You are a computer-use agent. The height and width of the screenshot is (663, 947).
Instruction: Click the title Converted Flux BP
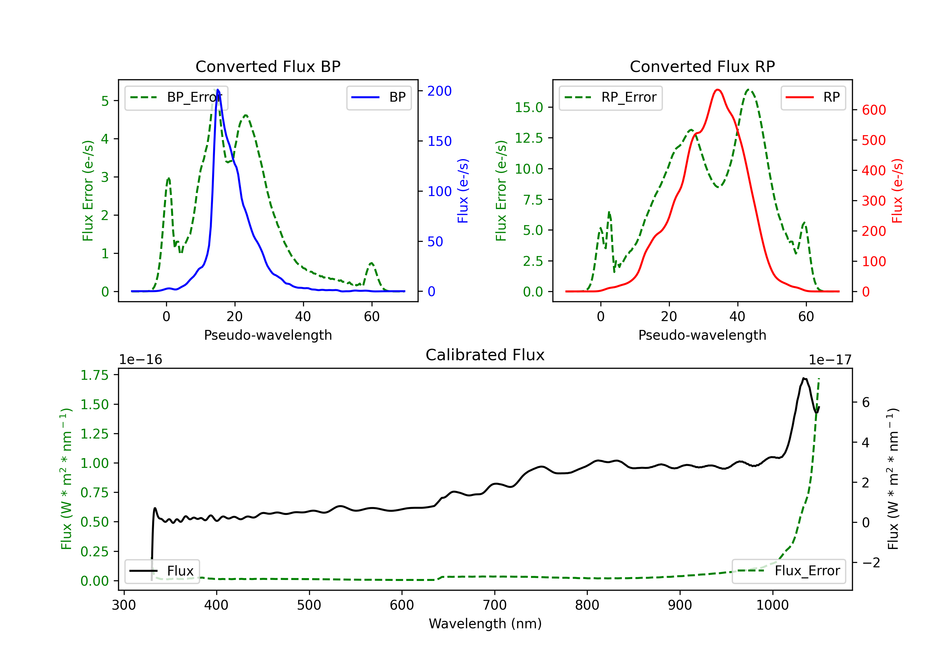pos(268,66)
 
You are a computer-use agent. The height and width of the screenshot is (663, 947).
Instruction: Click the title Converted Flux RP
pos(702,66)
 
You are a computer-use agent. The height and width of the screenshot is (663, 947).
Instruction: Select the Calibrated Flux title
pos(485,355)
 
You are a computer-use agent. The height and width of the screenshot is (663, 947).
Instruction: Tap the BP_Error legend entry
pos(176,97)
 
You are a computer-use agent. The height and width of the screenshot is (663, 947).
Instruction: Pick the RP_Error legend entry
pos(610,97)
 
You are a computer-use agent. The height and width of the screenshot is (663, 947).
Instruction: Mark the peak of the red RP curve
pos(718,90)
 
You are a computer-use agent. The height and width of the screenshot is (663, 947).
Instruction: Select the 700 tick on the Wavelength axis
pos(495,605)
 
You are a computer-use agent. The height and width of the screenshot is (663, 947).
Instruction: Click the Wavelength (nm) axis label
pos(485,624)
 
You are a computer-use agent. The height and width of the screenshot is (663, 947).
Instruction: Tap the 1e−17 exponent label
pos(830,360)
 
